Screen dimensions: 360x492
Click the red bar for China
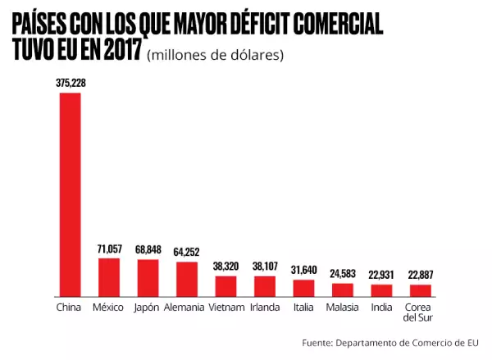[x=70, y=194]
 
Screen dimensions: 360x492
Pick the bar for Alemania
[x=187, y=279]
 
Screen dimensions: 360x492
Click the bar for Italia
[x=303, y=288]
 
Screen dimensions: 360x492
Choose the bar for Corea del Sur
[x=420, y=290]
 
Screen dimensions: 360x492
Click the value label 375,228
[x=70, y=82]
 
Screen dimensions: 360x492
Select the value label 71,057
[x=109, y=248]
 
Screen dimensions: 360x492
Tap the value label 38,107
[x=265, y=266]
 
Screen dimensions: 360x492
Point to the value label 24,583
[x=343, y=273]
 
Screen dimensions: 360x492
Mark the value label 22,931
[x=381, y=274]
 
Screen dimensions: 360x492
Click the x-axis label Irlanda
[x=265, y=308]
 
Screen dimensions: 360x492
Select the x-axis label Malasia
[x=343, y=308]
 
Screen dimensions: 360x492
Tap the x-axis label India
[x=381, y=308]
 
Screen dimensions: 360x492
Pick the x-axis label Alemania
[x=187, y=308]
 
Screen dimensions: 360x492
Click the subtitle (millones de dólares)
[x=215, y=56]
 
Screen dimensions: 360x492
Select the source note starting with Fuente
[x=389, y=342]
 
